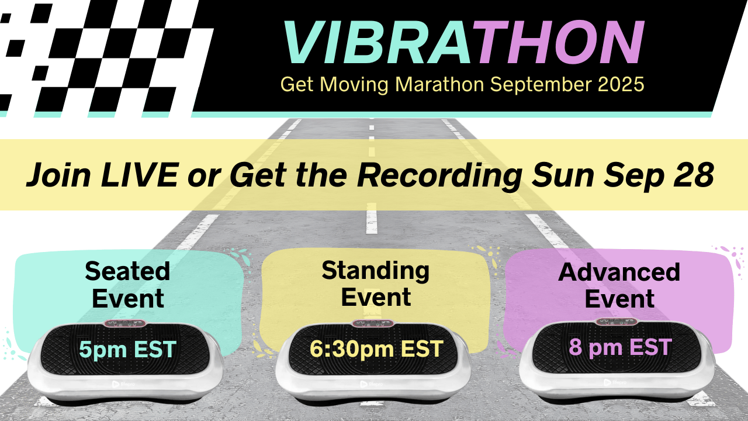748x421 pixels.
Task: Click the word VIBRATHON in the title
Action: click(x=463, y=42)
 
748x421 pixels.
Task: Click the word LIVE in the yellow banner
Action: click(x=139, y=175)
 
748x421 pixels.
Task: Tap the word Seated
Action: click(x=127, y=271)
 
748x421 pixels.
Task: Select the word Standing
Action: click(x=376, y=271)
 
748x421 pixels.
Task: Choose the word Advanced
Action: click(x=619, y=272)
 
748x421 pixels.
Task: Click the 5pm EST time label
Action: click(x=127, y=349)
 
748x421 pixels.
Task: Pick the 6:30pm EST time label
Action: click(x=376, y=349)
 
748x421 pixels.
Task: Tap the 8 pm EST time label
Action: click(x=620, y=347)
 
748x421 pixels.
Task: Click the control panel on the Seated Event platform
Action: click(x=125, y=323)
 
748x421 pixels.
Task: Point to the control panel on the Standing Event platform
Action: click(x=373, y=323)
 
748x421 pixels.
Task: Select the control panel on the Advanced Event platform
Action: click(x=617, y=322)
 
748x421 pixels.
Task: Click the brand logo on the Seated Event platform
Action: click(x=123, y=384)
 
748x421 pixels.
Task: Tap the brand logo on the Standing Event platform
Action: click(x=372, y=384)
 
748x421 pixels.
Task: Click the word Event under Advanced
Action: click(x=619, y=298)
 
